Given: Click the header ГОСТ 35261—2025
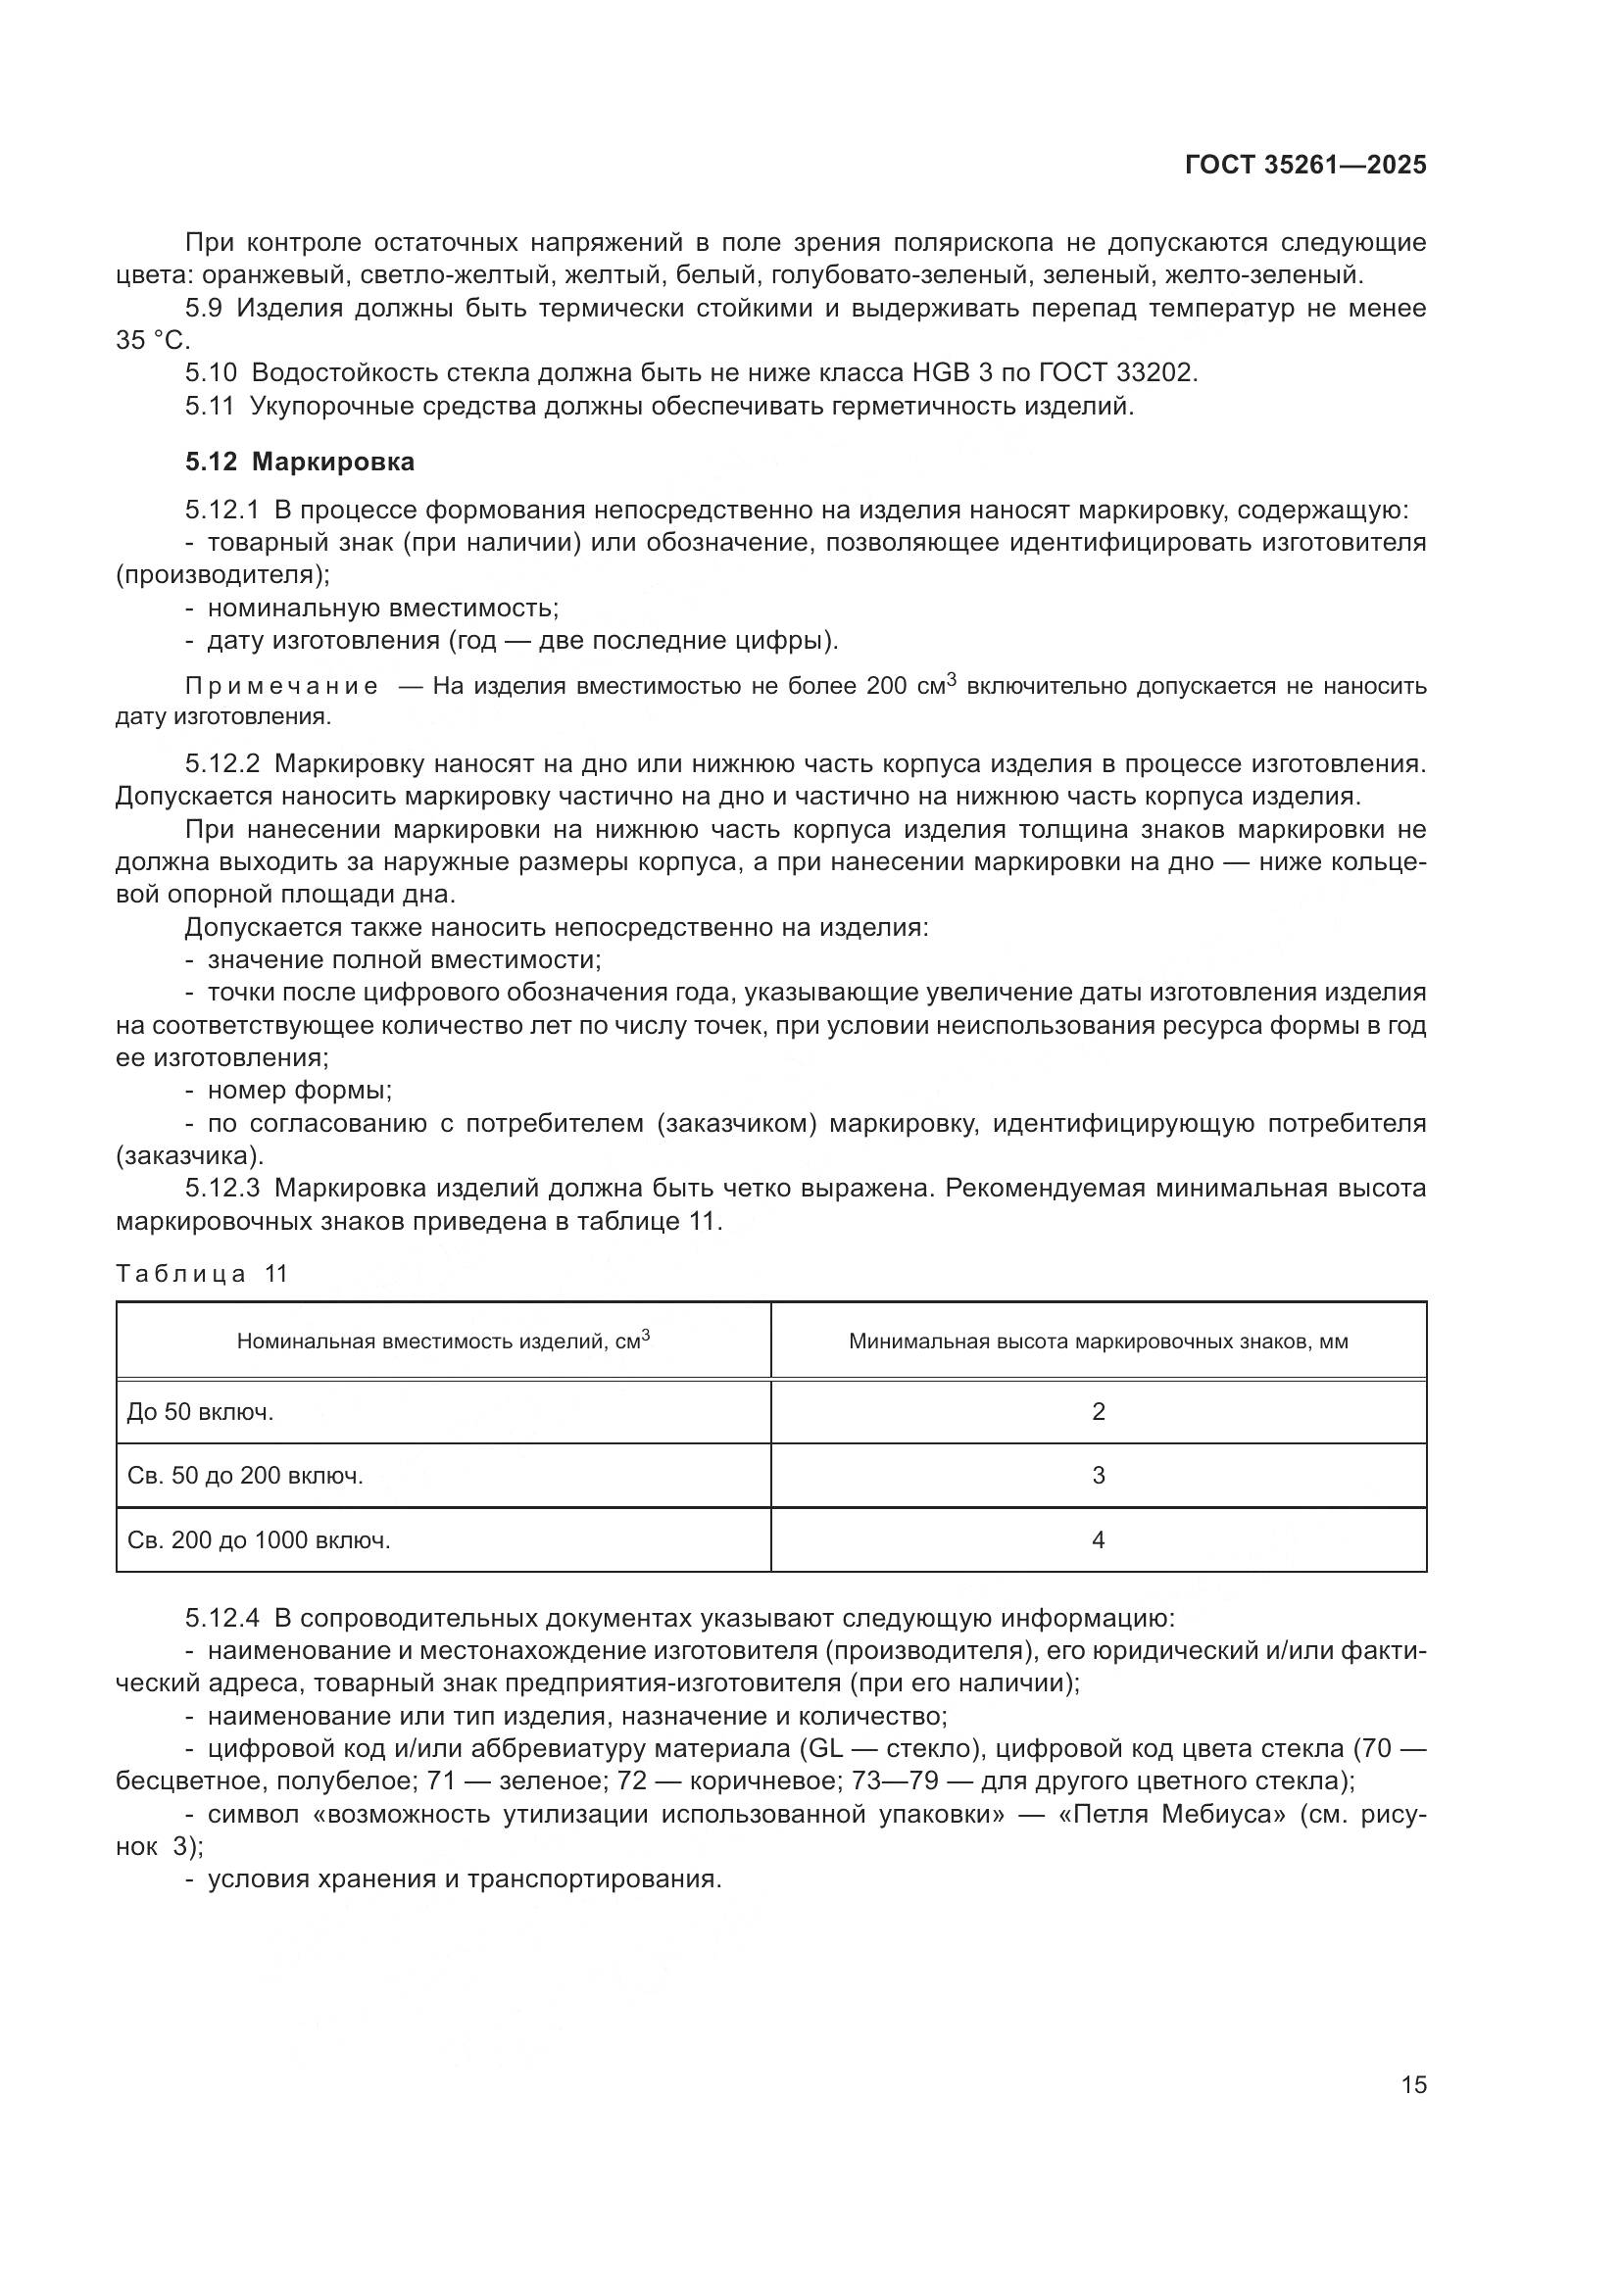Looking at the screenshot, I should (1304, 166).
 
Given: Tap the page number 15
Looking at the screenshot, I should (1413, 2084).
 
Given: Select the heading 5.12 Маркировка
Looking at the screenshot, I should (300, 463).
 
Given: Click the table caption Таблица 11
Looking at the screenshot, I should (202, 1274).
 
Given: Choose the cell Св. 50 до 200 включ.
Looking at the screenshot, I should (246, 1476).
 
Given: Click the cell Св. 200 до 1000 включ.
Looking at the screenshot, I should (260, 1540).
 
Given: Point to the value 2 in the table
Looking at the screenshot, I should (1098, 1411).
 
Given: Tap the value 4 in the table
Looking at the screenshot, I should (1098, 1540).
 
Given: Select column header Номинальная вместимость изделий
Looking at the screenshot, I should (443, 1341).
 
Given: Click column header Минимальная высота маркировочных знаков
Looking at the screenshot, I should (1098, 1341).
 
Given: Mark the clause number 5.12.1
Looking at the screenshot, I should (222, 512).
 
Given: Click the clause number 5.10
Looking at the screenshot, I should (211, 373).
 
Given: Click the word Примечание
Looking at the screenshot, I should (281, 687).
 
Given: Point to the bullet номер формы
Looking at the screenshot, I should (300, 1090).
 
